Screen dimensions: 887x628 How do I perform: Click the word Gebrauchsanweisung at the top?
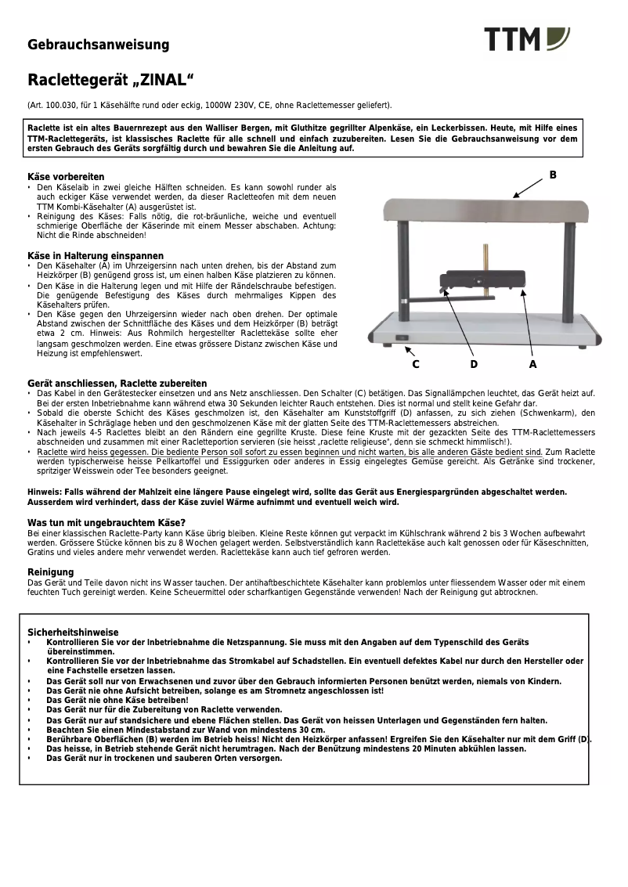tap(99, 45)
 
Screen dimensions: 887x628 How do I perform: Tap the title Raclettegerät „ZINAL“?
tap(110, 81)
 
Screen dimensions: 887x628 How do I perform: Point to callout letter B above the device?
tap(553, 175)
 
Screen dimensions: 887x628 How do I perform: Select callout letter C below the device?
tap(416, 364)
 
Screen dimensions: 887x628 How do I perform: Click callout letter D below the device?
tap(474, 364)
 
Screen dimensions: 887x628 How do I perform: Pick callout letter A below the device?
tap(533, 364)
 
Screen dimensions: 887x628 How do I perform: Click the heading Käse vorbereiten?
tap(66, 177)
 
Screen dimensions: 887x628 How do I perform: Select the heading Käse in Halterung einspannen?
tap(96, 256)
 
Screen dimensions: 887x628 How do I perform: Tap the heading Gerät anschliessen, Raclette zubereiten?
tap(117, 383)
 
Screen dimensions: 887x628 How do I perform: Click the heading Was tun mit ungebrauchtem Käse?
tap(106, 522)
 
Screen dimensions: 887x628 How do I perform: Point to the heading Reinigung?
tap(51, 572)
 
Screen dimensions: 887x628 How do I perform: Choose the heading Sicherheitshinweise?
tap(73, 632)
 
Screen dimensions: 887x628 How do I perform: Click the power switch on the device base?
tap(402, 339)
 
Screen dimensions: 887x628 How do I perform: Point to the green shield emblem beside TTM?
tap(558, 38)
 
